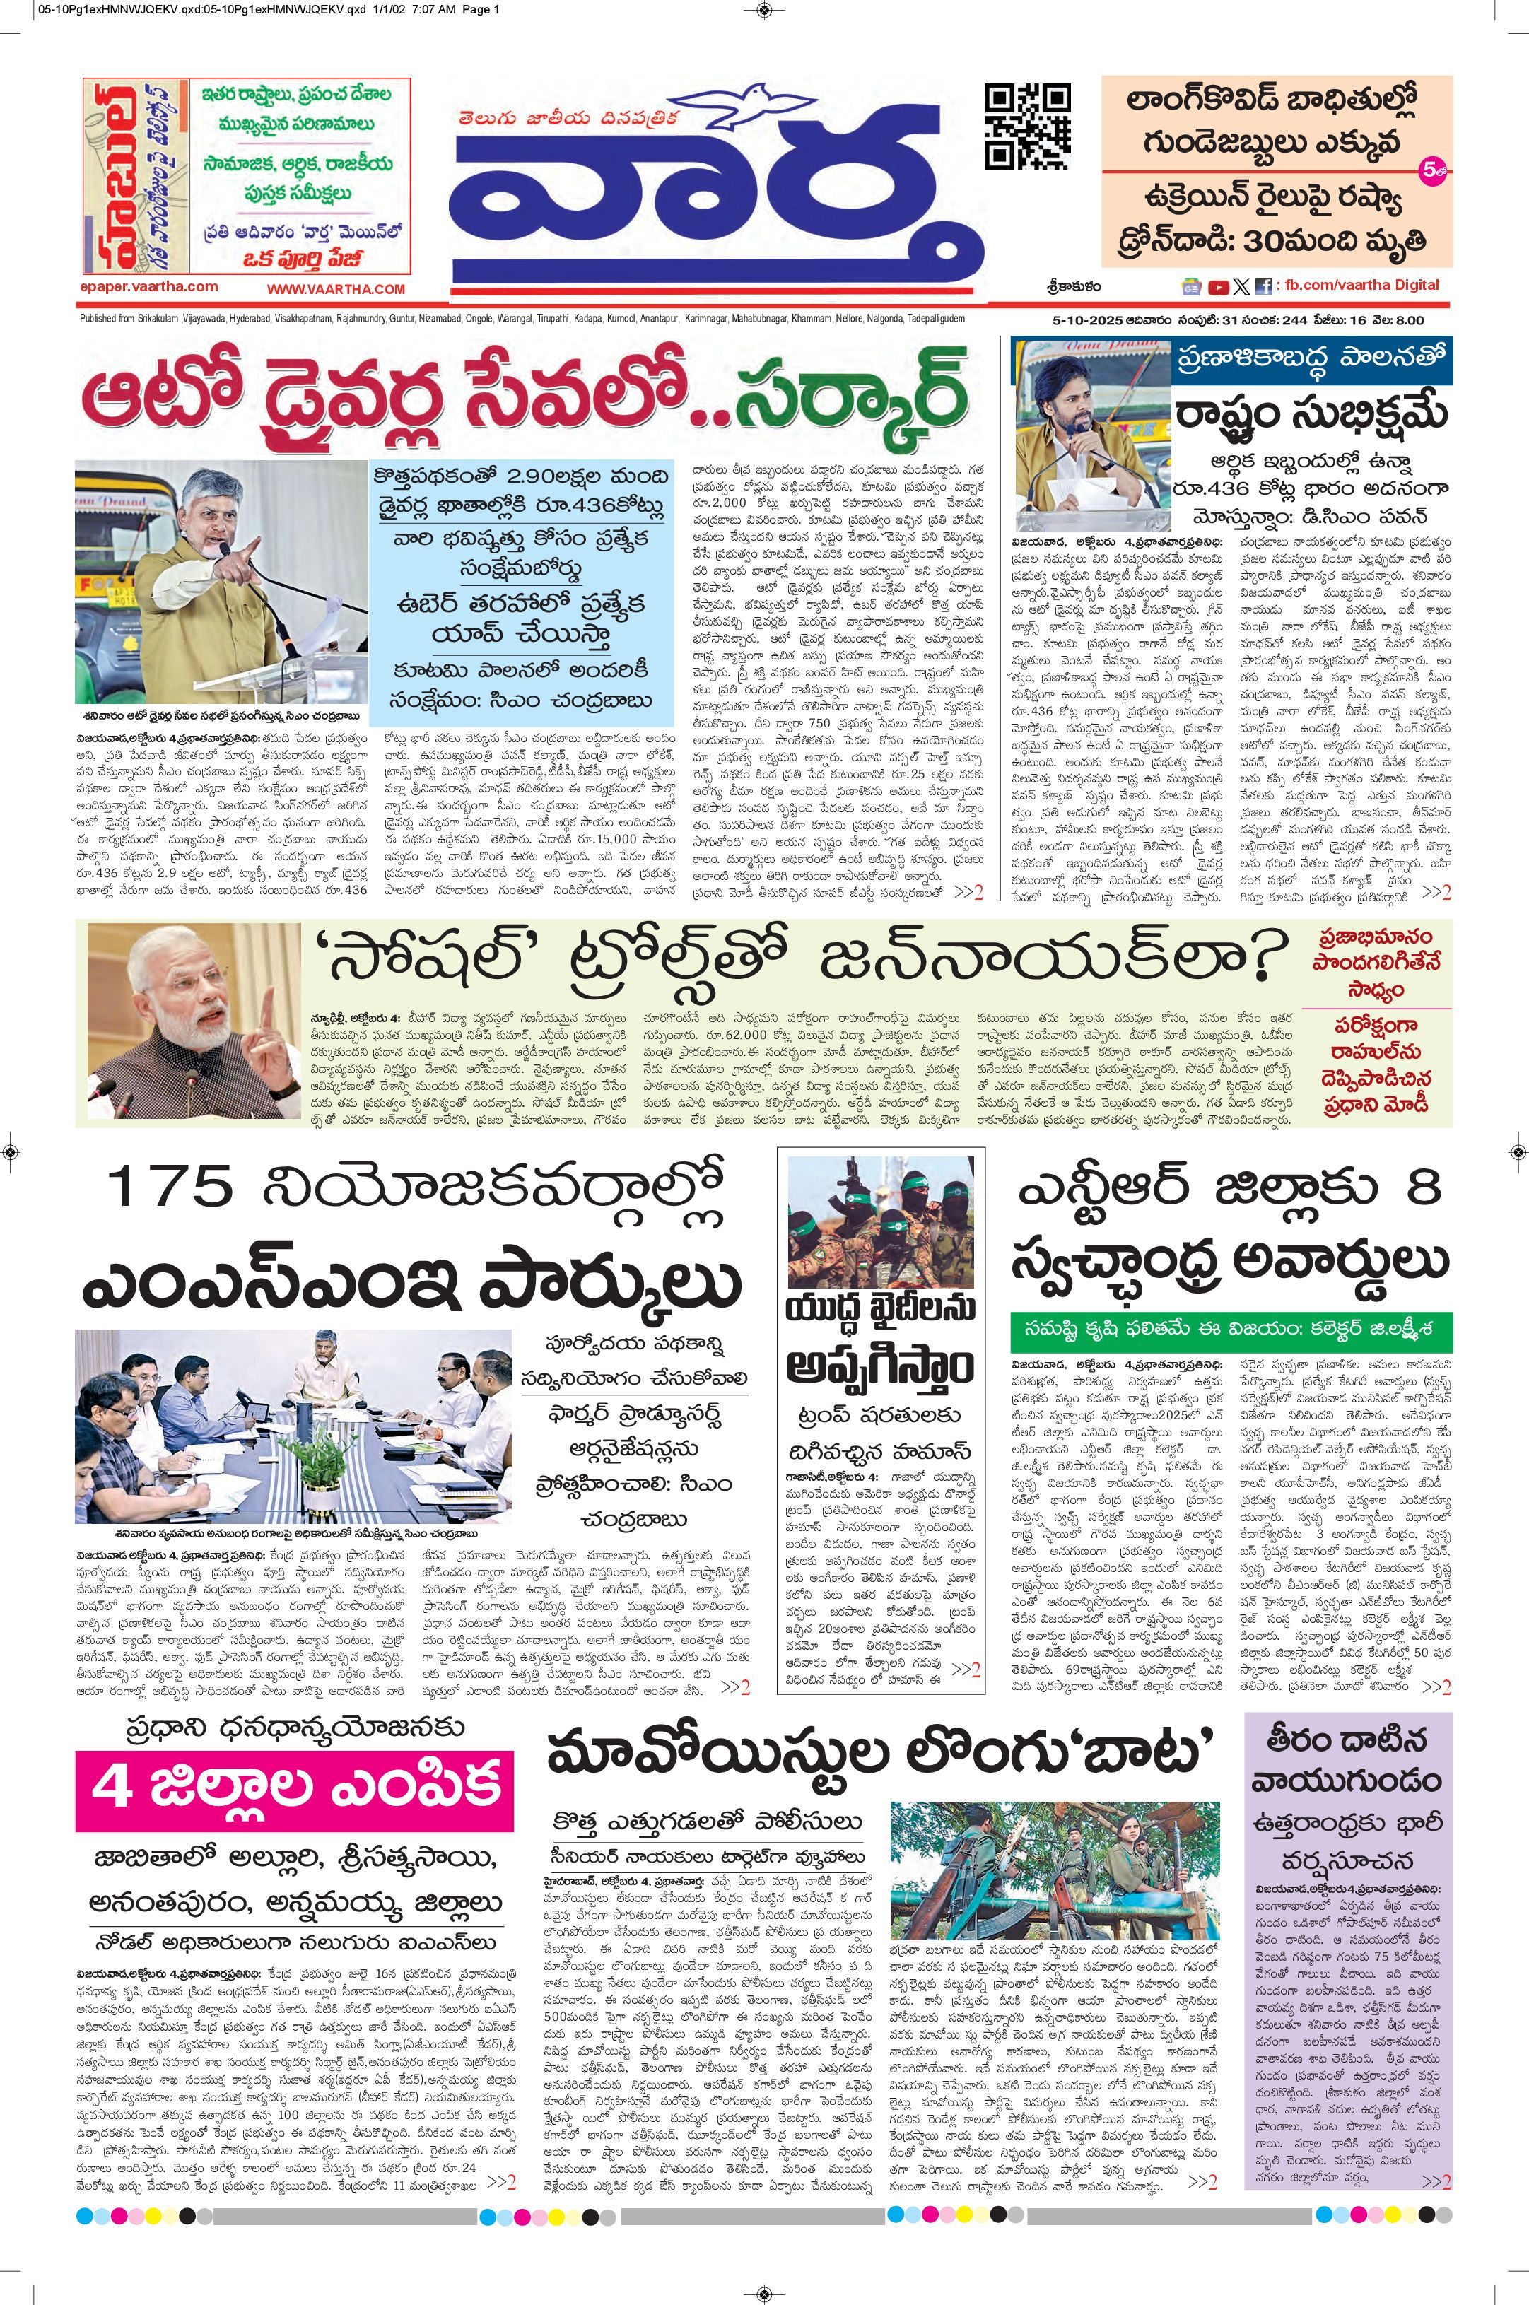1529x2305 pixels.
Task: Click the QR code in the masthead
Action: tap(1027, 126)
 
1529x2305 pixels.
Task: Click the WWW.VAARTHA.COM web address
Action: tap(336, 290)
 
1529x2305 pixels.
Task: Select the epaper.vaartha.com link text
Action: tap(149, 287)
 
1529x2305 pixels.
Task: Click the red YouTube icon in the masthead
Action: tap(1218, 287)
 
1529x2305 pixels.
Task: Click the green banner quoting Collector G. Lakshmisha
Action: tap(1231, 1331)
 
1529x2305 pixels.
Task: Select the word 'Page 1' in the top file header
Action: tap(478, 11)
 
